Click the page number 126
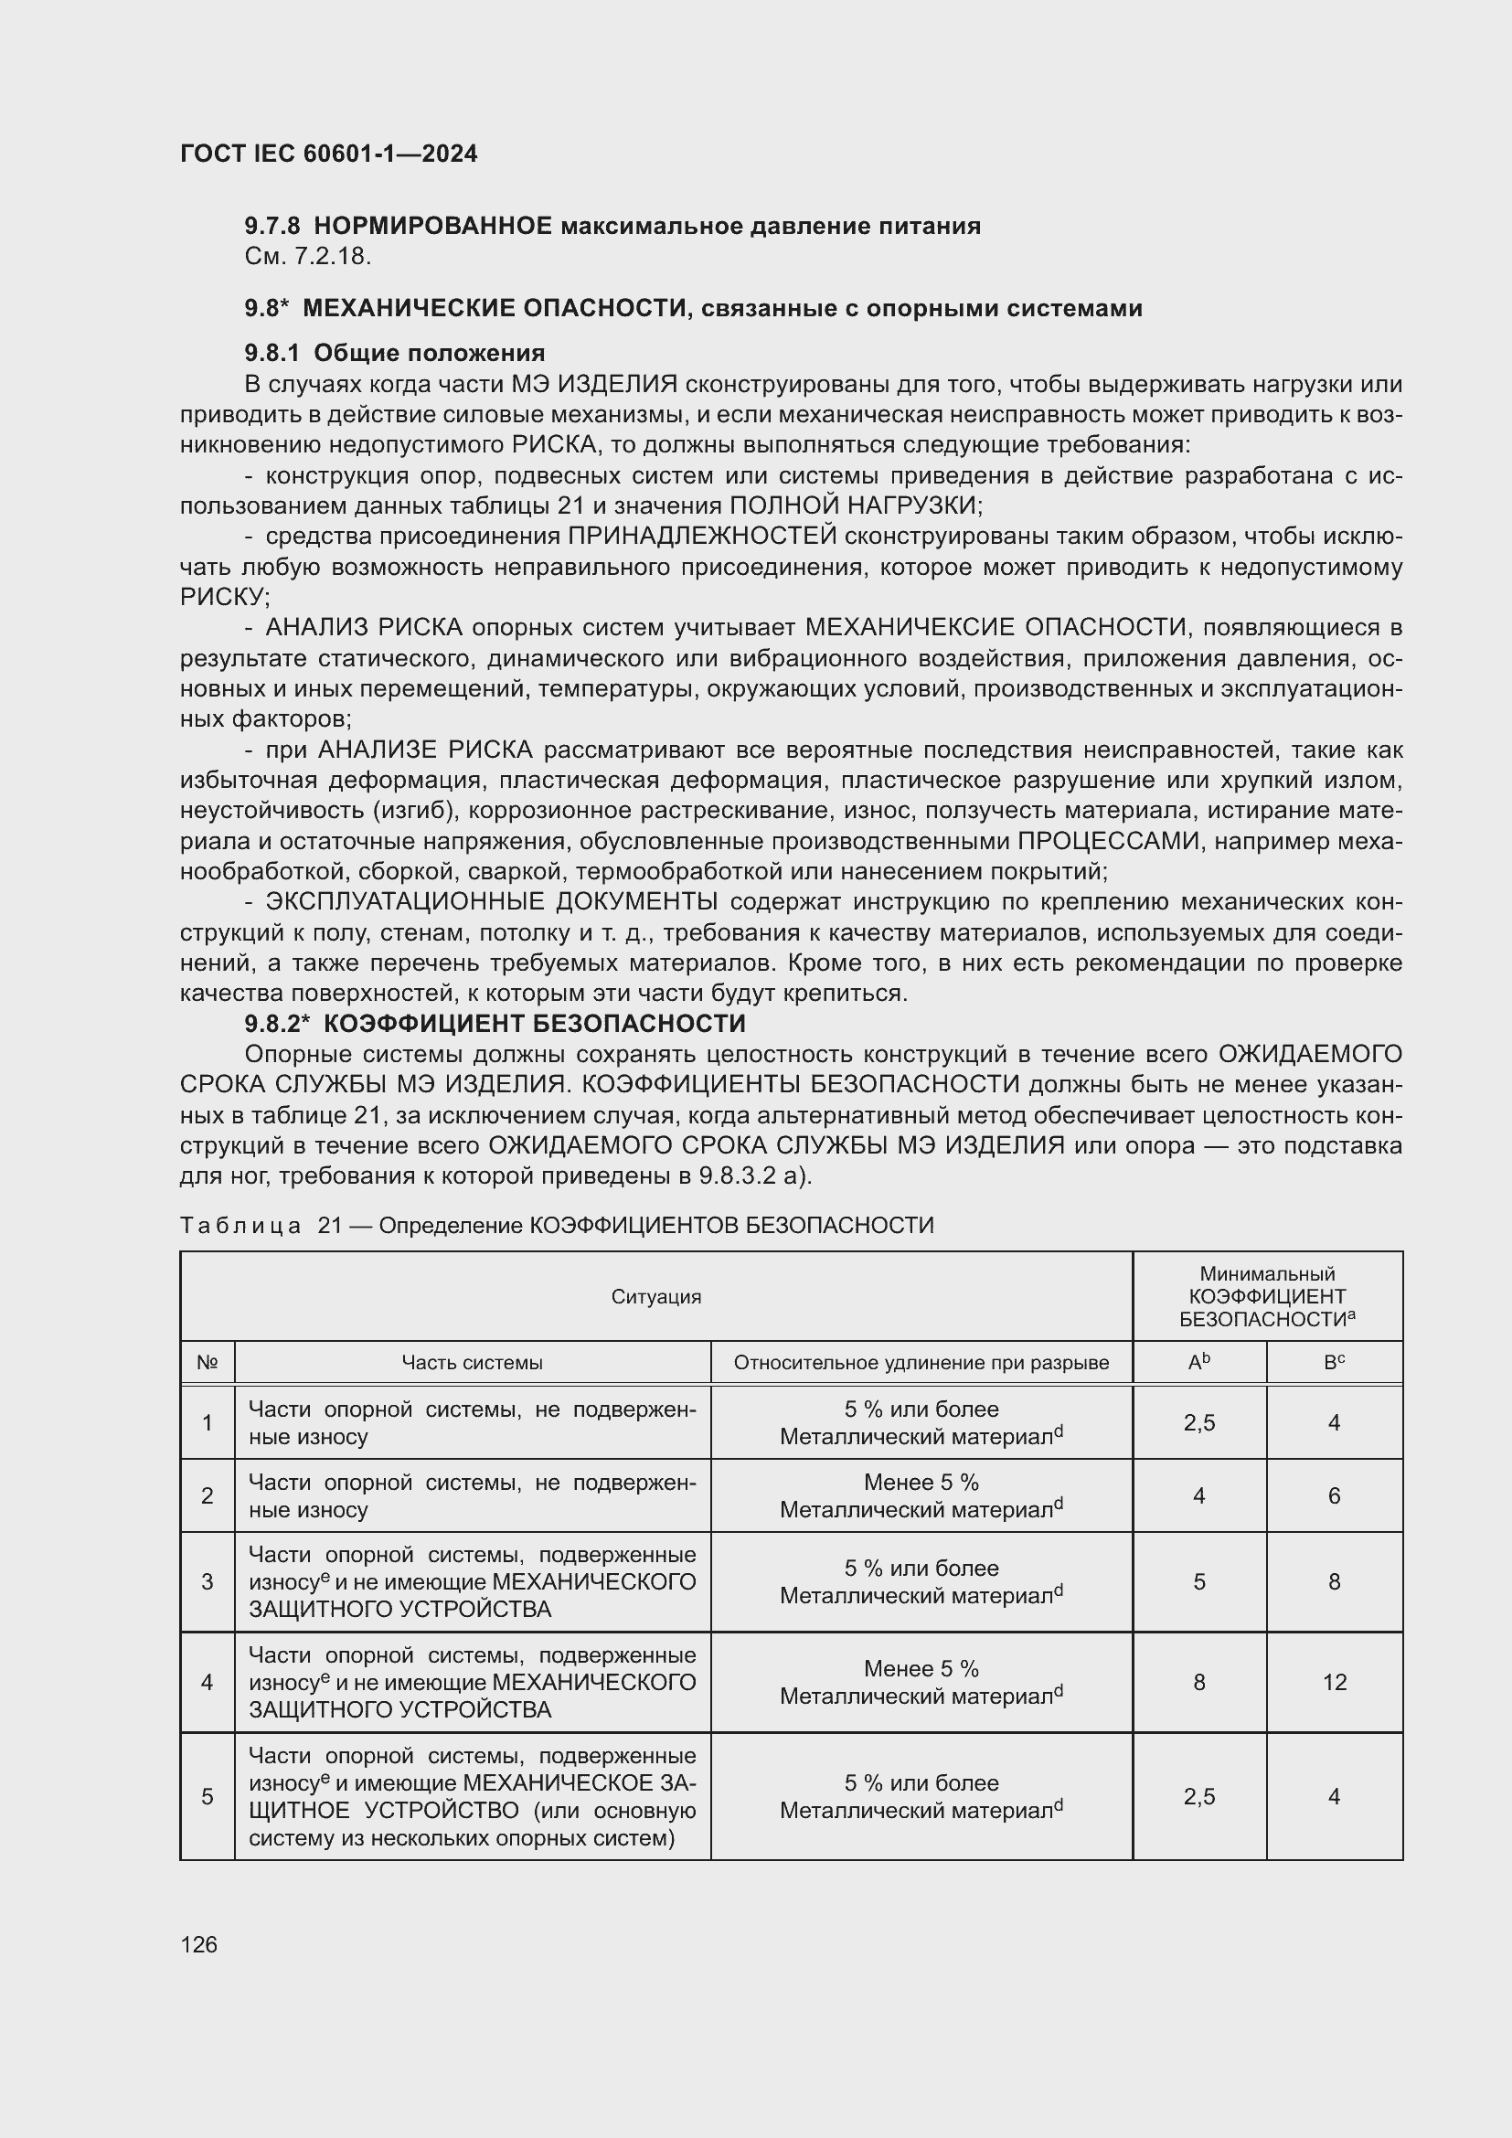pos(198,1944)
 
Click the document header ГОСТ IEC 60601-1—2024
pos(329,154)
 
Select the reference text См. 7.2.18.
pos(308,257)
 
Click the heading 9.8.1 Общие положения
pos(395,353)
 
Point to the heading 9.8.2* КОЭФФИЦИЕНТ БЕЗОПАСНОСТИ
pos(495,1024)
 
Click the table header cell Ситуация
pos(655,1296)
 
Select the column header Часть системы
pos(472,1362)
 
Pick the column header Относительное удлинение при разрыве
pos(921,1362)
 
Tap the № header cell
pos(207,1362)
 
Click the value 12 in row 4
pos(1334,1682)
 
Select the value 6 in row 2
pos(1334,1495)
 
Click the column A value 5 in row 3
pos(1199,1581)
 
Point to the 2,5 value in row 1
pos(1199,1422)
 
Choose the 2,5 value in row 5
pos(1199,1796)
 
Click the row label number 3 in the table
pos(207,1581)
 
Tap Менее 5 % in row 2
pos(921,1482)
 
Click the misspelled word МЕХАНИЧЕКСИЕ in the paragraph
pos(909,628)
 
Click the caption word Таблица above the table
pos(240,1226)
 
